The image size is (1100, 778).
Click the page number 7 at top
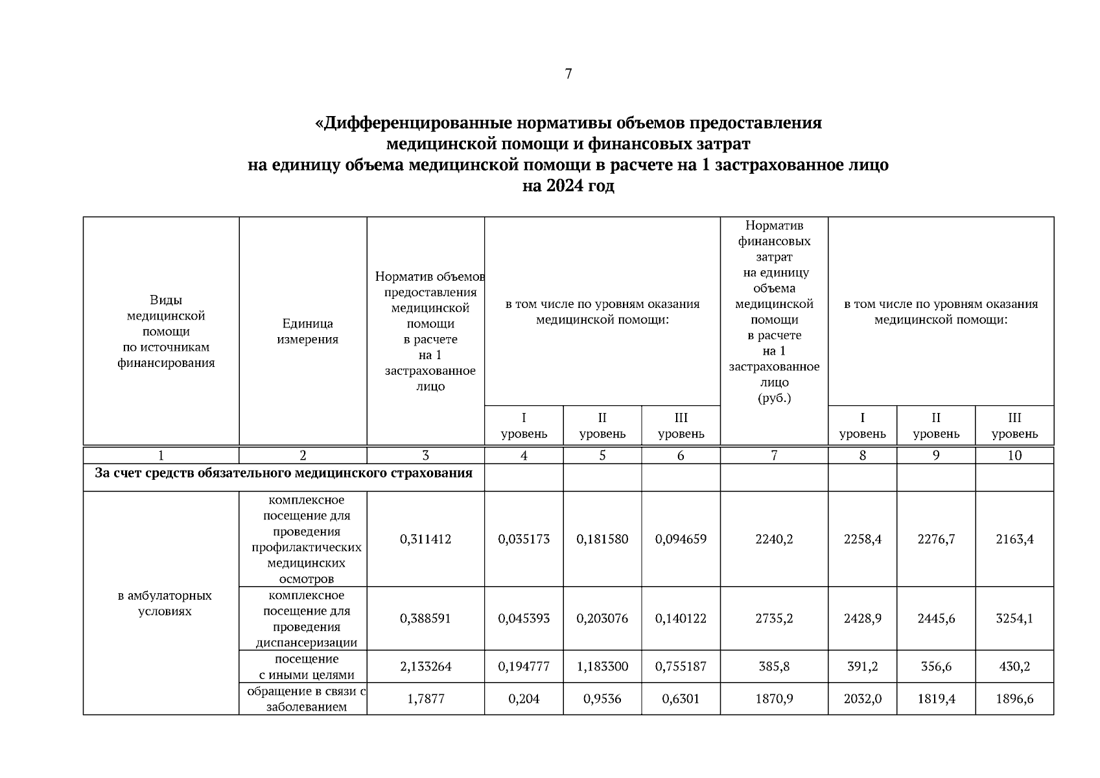[568, 74]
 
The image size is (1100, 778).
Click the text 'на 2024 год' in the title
[568, 187]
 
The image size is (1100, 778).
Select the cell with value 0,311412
[425, 539]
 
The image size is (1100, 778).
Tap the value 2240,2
[774, 539]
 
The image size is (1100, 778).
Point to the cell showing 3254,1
[1014, 619]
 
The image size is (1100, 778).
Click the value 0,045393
[524, 619]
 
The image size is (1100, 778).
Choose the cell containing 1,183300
[602, 666]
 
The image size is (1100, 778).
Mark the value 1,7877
[425, 699]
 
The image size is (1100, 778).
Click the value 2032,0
[862, 699]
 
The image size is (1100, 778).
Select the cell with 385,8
[774, 666]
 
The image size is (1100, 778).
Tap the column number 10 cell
[1014, 456]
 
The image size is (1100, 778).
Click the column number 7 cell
[774, 456]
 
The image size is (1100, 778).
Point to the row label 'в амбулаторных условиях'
[165, 603]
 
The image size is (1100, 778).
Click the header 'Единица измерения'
[307, 331]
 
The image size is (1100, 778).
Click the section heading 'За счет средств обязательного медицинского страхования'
[283, 473]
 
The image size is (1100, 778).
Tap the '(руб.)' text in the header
[774, 398]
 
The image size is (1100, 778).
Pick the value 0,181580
[602, 539]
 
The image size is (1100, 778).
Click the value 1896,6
[1014, 699]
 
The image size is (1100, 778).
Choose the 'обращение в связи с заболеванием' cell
[307, 699]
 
